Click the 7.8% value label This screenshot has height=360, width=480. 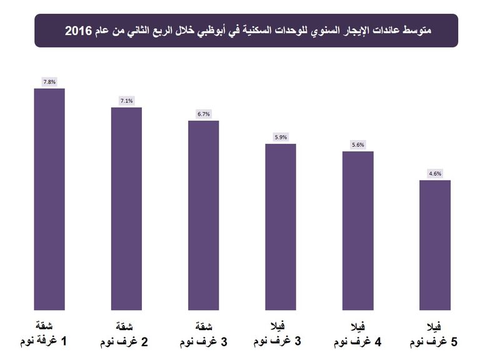click(49, 82)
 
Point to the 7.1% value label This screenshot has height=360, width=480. click(126, 101)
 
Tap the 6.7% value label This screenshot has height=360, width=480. click(204, 114)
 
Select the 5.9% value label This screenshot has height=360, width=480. click(281, 137)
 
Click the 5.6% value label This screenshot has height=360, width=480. click(358, 145)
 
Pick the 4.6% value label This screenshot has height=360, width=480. click(435, 174)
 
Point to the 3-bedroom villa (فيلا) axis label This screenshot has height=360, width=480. click(281, 334)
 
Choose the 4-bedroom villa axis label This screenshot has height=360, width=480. click(358, 334)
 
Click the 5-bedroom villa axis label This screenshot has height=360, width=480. click(435, 334)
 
